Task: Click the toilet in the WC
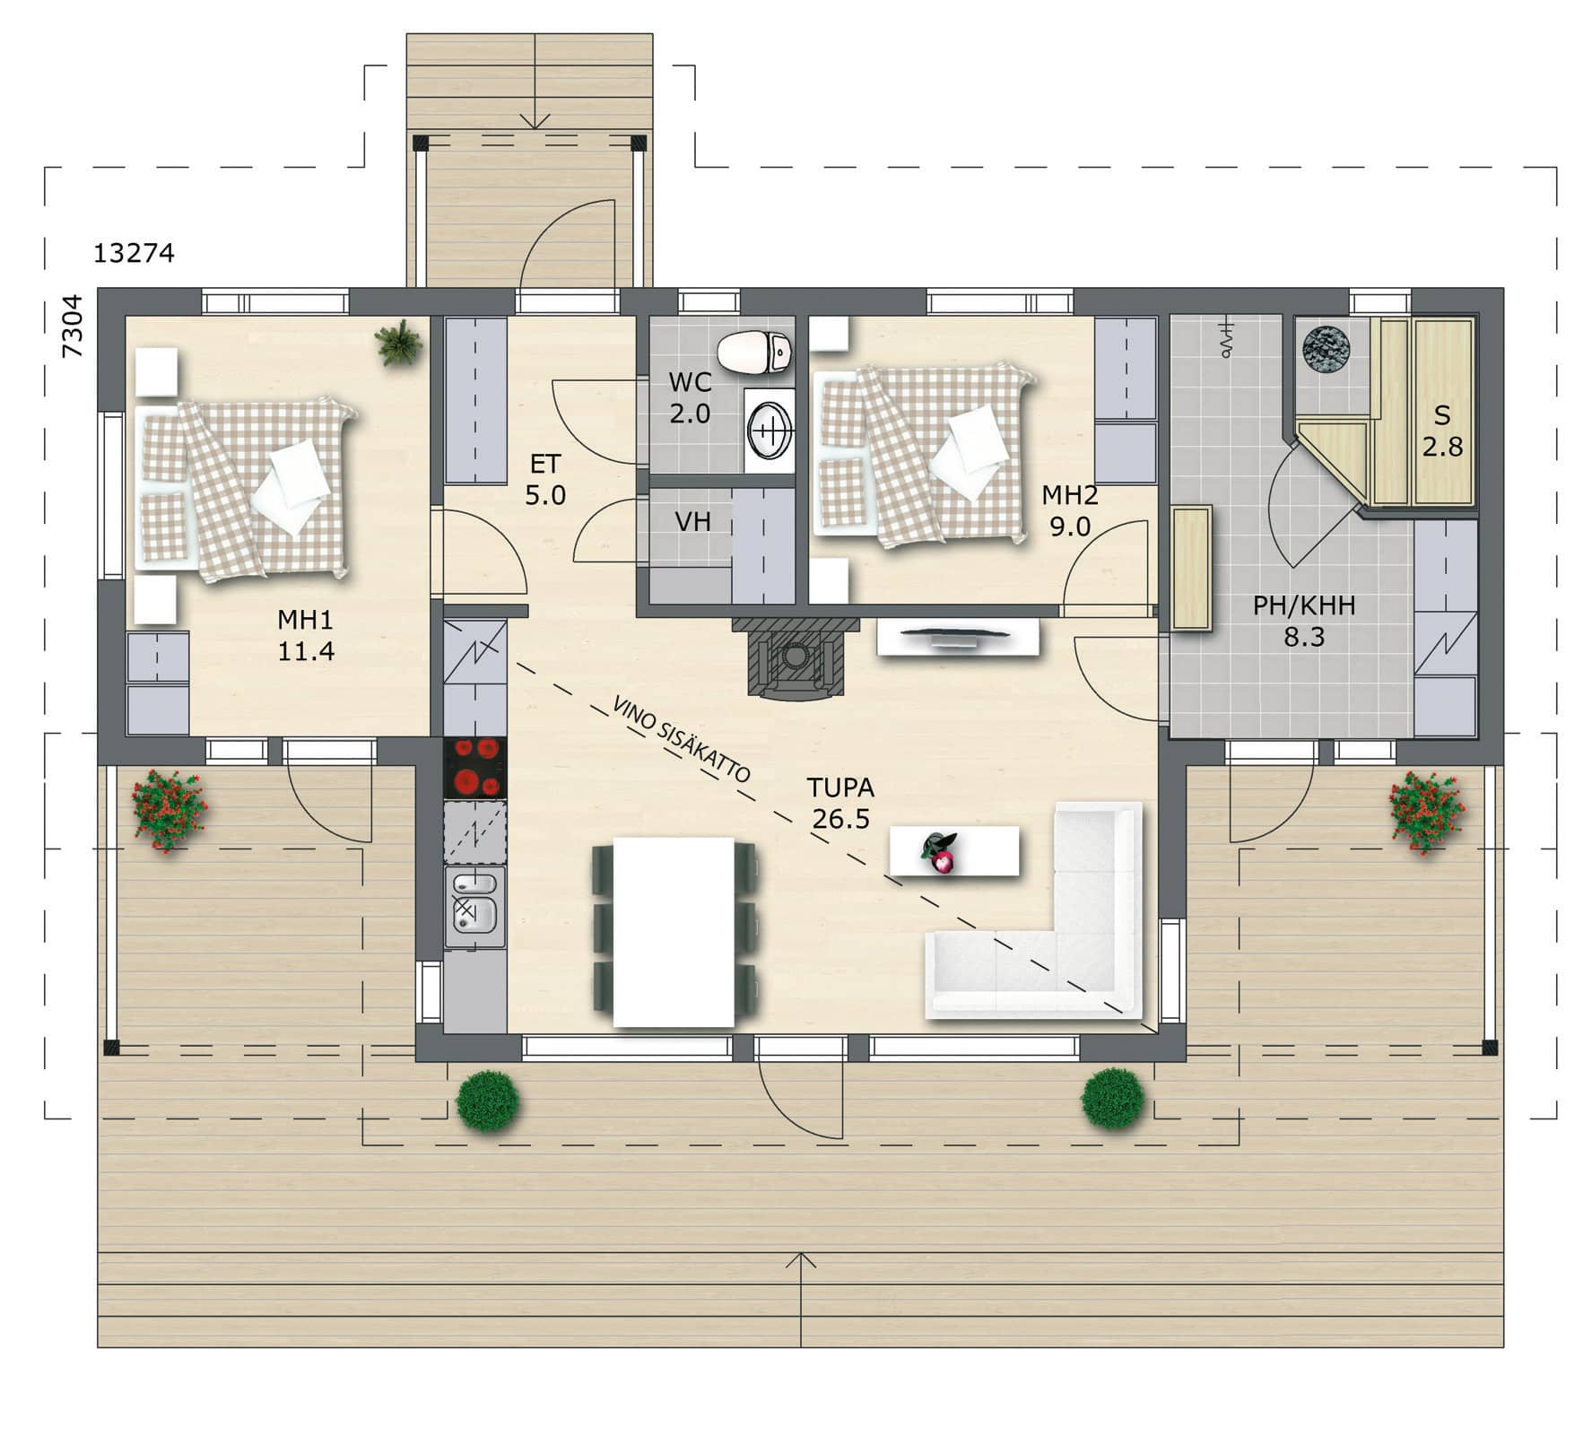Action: (x=755, y=352)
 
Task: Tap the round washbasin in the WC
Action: (x=770, y=430)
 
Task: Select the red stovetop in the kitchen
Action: (x=475, y=768)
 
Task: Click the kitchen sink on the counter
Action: (x=475, y=903)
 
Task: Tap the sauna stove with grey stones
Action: (x=1327, y=351)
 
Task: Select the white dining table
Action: (x=674, y=932)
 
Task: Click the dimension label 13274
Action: (x=134, y=254)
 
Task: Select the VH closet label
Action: (x=692, y=521)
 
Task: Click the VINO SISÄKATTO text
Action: (x=682, y=737)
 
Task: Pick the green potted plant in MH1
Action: (x=398, y=343)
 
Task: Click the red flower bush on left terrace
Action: (x=169, y=810)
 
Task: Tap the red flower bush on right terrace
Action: (x=1426, y=812)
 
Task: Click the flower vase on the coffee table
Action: (x=939, y=851)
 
